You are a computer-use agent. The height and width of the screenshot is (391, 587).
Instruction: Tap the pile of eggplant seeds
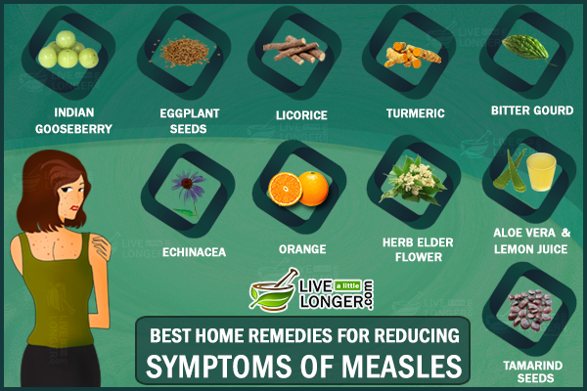click(185, 51)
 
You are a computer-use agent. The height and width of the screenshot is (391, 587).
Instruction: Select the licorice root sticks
click(293, 50)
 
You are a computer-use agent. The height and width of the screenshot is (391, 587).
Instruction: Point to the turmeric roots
click(413, 56)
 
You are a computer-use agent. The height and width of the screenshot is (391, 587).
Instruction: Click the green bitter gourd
click(527, 50)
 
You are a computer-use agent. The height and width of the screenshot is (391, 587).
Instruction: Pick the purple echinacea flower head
click(188, 183)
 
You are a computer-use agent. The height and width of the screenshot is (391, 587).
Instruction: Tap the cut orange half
click(285, 189)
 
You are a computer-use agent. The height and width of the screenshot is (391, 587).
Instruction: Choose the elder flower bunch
click(413, 181)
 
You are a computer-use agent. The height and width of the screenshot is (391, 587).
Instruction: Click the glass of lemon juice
click(541, 172)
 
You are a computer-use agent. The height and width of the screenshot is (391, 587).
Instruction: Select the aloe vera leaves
click(510, 171)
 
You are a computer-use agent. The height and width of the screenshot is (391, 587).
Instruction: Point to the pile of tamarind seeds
click(529, 311)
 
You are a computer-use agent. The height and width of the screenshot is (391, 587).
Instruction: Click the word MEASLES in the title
click(402, 367)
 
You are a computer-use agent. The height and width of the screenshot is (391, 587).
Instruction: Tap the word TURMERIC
click(416, 113)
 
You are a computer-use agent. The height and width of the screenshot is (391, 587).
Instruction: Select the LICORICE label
click(301, 115)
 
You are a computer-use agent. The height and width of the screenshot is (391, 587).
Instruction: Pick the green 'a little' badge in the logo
click(347, 286)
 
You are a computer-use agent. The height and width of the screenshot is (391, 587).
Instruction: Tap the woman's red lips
click(75, 207)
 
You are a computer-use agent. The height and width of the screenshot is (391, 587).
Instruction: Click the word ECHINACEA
click(195, 252)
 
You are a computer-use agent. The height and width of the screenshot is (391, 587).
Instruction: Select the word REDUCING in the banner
click(417, 335)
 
